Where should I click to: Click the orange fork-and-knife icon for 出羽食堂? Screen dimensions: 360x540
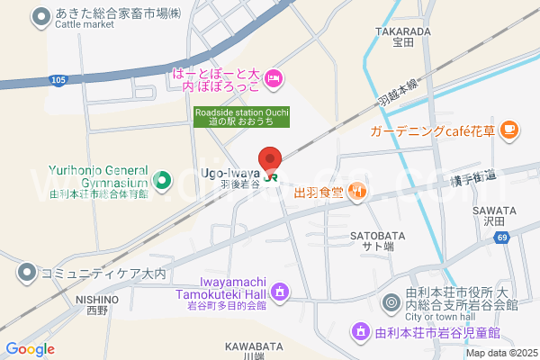[x=358, y=190]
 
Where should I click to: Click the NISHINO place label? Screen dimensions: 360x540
[x=97, y=299]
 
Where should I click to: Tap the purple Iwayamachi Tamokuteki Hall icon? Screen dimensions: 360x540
[x=280, y=292]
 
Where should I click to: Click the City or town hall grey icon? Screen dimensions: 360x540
[x=390, y=303]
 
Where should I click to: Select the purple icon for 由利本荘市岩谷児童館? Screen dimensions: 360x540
[x=360, y=332]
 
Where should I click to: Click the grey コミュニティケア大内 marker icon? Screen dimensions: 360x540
[x=27, y=271]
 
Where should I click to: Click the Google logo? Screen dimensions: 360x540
[x=30, y=348]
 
